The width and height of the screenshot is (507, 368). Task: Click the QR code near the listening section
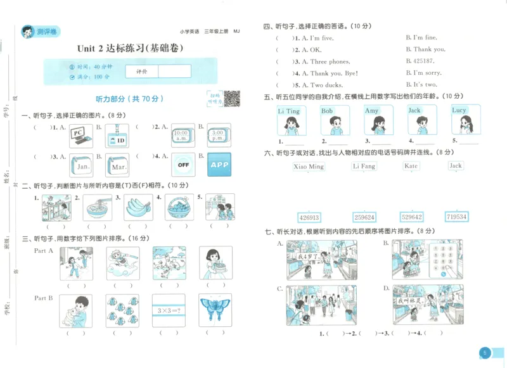[x=232, y=98]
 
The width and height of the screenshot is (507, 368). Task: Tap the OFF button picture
[x=183, y=164]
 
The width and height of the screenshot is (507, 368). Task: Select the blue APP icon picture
[x=219, y=164]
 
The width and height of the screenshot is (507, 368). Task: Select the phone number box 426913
[x=309, y=217]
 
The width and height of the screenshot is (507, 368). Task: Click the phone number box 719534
[x=456, y=217]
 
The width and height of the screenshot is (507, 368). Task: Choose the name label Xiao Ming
[x=309, y=167]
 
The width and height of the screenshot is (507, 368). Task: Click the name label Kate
[x=411, y=166]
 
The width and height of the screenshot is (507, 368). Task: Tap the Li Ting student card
[x=289, y=120]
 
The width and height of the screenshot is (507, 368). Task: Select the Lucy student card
[x=460, y=120]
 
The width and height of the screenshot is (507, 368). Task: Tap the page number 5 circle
[x=484, y=352]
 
